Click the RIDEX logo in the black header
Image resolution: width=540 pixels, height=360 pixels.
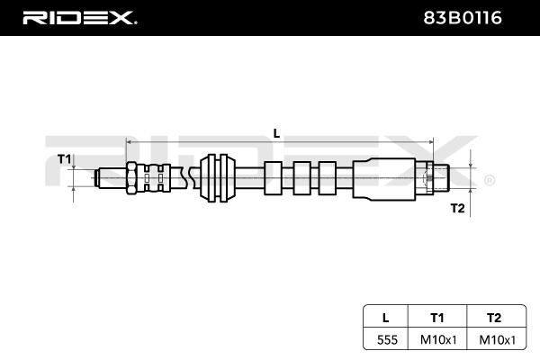pyautogui.click(x=79, y=18)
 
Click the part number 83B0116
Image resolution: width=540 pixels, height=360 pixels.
pyautogui.click(x=463, y=18)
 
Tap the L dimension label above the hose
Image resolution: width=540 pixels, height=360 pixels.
pyautogui.click(x=276, y=133)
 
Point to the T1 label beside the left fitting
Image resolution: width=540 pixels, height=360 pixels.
pyautogui.click(x=64, y=159)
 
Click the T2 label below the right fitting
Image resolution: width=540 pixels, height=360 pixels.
pyautogui.click(x=458, y=208)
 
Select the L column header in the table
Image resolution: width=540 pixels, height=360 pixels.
pyautogui.click(x=386, y=318)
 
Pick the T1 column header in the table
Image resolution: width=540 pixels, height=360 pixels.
pyautogui.click(x=437, y=318)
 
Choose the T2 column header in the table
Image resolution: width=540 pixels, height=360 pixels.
pyautogui.click(x=494, y=318)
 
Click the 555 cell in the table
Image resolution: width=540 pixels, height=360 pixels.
pyautogui.click(x=387, y=339)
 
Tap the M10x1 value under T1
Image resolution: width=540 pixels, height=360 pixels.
pyautogui.click(x=438, y=339)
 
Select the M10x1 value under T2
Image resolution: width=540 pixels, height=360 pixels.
pyautogui.click(x=498, y=339)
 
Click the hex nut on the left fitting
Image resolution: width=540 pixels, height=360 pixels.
pyautogui.click(x=131, y=178)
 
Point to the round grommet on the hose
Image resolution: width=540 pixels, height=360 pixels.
pyautogui.click(x=218, y=178)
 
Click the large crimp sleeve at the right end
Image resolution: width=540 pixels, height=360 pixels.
pyautogui.click(x=384, y=178)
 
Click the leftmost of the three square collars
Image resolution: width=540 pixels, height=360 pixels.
pyautogui.click(x=273, y=178)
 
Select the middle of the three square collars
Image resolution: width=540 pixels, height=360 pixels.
pyautogui.click(x=301, y=178)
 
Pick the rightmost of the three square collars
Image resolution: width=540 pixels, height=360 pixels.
pyautogui.click(x=327, y=178)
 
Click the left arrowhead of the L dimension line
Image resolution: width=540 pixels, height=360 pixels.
pyautogui.click(x=129, y=141)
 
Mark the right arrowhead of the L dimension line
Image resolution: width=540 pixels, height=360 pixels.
pyautogui.click(x=430, y=141)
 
